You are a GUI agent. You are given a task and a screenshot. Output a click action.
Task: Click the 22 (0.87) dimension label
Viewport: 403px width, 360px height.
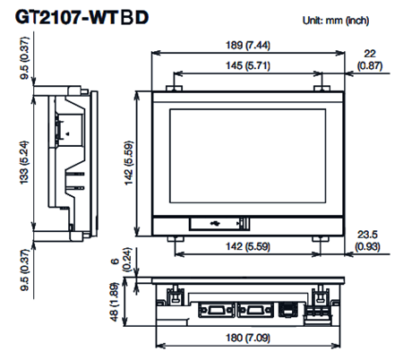[x=368, y=60]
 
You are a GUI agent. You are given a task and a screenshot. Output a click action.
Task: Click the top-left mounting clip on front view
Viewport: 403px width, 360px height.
[x=174, y=88]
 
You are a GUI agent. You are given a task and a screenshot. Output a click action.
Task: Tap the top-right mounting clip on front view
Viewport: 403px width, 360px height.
[x=315, y=88]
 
